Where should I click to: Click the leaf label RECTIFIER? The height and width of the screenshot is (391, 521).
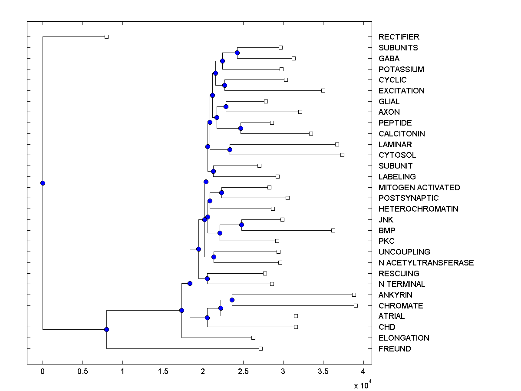point(399,37)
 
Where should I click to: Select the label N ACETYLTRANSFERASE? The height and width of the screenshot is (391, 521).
point(426,263)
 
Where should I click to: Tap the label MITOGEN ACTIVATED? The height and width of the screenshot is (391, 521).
point(419,188)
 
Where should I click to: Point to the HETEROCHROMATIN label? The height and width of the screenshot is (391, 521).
point(418,209)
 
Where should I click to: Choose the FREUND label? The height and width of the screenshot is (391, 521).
point(394,349)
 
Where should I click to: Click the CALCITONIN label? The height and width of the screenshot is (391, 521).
point(402,134)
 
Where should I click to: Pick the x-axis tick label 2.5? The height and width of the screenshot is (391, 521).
point(243,371)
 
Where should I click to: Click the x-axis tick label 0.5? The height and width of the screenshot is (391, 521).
point(82,371)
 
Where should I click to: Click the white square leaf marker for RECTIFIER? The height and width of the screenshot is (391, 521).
point(106,36)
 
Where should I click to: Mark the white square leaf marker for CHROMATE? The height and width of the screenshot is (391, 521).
point(356,305)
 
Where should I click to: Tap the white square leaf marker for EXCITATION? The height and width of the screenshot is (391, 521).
point(323,90)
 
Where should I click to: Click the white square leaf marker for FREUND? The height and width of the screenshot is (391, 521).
point(260,348)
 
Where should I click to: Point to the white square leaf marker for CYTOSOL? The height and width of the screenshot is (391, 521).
point(342,155)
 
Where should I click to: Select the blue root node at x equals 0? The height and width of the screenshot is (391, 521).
point(43,183)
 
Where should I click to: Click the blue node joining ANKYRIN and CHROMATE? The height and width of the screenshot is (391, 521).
point(232,300)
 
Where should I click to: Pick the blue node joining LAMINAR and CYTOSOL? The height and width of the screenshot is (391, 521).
point(230,149)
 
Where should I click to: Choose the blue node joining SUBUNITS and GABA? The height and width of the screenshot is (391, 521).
point(237,53)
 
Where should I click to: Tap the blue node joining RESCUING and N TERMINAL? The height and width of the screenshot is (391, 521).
point(207,278)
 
